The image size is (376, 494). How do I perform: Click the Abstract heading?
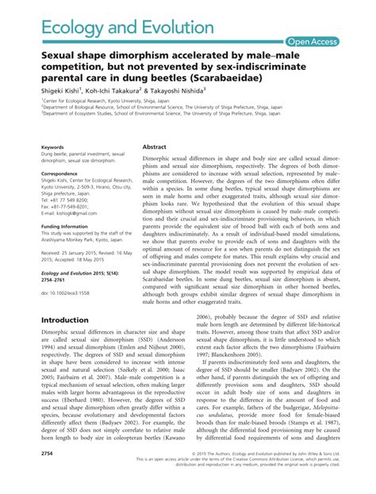[154, 147]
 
